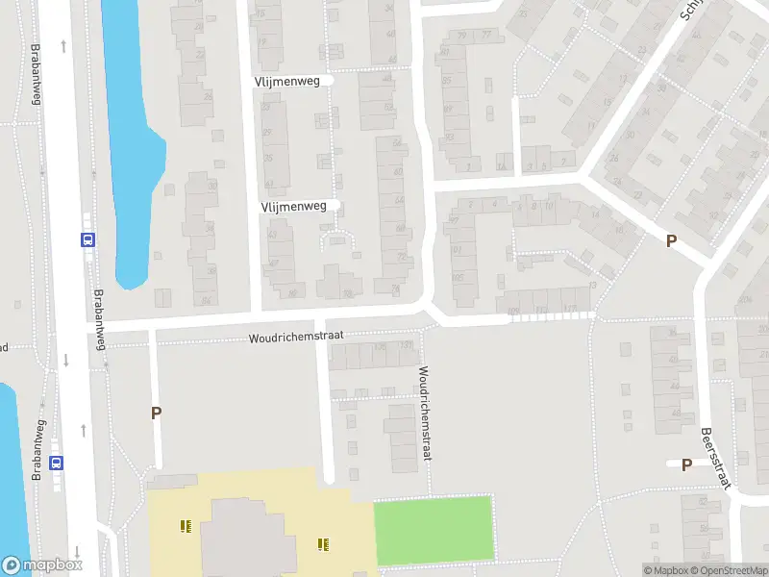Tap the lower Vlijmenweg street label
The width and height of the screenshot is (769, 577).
pos(293,206)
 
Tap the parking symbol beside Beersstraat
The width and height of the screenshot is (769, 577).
pos(686,464)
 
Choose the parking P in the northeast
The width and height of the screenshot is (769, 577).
pos(671,241)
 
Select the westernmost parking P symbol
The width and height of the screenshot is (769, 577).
pos(156,413)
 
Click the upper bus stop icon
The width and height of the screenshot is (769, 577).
pos(87,240)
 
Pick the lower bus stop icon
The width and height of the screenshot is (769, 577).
pos(57,462)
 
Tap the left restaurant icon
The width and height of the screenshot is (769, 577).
pos(185,526)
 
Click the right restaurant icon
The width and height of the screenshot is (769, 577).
pos(323,544)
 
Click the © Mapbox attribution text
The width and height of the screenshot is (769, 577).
pos(668,570)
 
